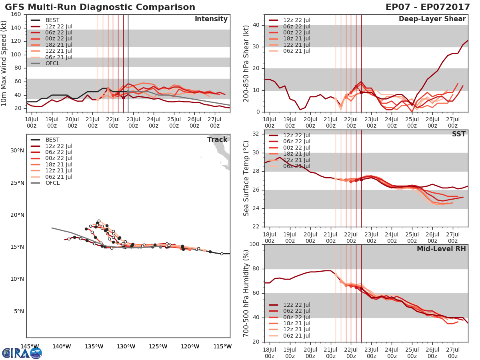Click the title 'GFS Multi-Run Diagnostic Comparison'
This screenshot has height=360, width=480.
pyautogui.click(x=100, y=7)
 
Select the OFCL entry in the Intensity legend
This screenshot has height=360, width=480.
pyautogui.click(x=53, y=63)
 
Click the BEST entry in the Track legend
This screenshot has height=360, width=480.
pyautogui.click(x=53, y=140)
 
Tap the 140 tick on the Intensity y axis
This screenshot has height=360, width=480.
pyautogui.click(x=16, y=28)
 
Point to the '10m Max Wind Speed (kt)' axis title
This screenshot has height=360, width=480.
pyautogui.click(x=4, y=63)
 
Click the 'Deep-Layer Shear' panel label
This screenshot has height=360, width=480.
pyautogui.click(x=432, y=19)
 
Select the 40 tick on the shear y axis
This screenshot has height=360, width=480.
pyautogui.click(x=256, y=25)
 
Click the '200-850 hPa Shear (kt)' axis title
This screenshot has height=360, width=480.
pyautogui.click(x=246, y=63)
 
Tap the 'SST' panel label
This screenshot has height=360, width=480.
pyautogui.click(x=459, y=134)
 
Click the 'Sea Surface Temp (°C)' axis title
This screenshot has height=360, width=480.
pyautogui.click(x=246, y=178)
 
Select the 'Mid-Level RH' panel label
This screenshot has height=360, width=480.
pyautogui.click(x=441, y=249)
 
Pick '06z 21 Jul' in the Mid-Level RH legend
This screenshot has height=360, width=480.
pyautogui.click(x=296, y=336)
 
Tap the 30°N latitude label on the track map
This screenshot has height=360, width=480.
pyautogui.click(x=17, y=150)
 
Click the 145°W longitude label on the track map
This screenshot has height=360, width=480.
pyautogui.click(x=30, y=346)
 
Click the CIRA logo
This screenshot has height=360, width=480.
pyautogui.click(x=22, y=353)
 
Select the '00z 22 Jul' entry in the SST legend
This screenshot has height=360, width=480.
pyautogui.click(x=296, y=148)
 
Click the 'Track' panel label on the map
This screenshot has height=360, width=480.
pyautogui.click(x=217, y=140)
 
